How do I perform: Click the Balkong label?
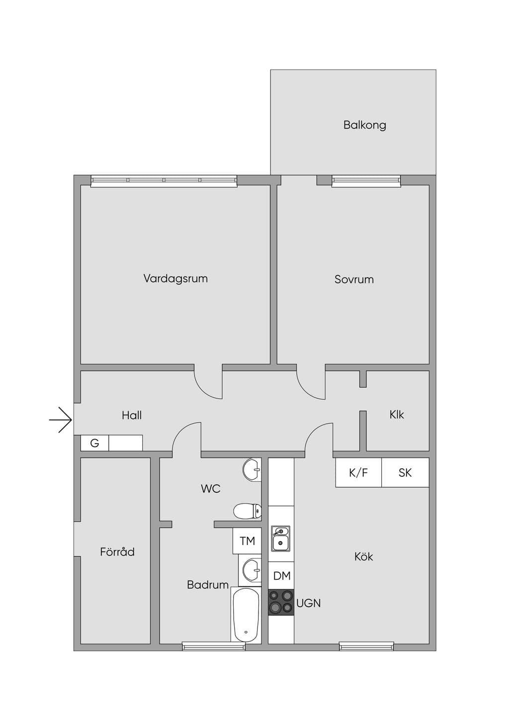point(364,125)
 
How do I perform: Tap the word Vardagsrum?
point(175,278)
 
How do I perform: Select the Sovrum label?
point(354,279)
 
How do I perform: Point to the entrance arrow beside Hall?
point(61,420)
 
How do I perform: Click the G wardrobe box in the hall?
point(94,443)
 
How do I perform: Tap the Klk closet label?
point(397,415)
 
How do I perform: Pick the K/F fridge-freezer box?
point(358,472)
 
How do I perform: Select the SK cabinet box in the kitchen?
point(405,472)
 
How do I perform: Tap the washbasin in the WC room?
point(252,470)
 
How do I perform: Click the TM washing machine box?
point(247,541)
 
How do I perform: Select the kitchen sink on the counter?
point(280,539)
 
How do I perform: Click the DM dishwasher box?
point(281,576)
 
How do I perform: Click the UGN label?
point(309,603)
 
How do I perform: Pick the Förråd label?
point(117,552)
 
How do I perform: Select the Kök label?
point(363,557)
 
